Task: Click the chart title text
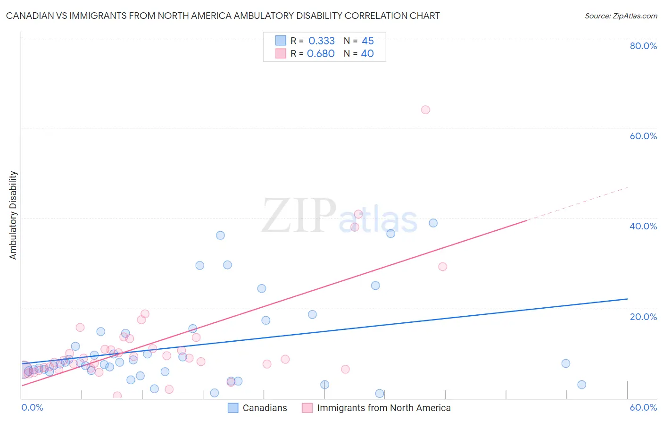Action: click(x=223, y=16)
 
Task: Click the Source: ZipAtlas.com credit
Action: click(x=621, y=16)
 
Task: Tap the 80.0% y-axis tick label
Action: click(x=643, y=46)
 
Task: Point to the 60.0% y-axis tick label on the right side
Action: click(x=643, y=136)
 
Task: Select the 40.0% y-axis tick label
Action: click(x=643, y=226)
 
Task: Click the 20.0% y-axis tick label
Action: click(x=643, y=317)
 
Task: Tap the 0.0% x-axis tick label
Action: click(x=33, y=407)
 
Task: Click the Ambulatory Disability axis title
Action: click(x=13, y=215)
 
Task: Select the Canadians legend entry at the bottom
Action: click(x=257, y=408)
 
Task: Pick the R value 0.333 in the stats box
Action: click(x=321, y=41)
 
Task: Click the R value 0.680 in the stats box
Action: click(x=321, y=54)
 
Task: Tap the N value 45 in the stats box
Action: click(x=368, y=41)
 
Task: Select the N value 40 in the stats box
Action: click(x=367, y=54)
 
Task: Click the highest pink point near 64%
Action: click(x=425, y=110)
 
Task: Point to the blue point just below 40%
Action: click(x=433, y=223)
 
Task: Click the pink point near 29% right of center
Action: click(x=442, y=267)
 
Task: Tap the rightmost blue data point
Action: click(x=581, y=385)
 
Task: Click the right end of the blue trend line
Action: click(x=627, y=299)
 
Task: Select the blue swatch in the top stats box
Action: click(x=281, y=41)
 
